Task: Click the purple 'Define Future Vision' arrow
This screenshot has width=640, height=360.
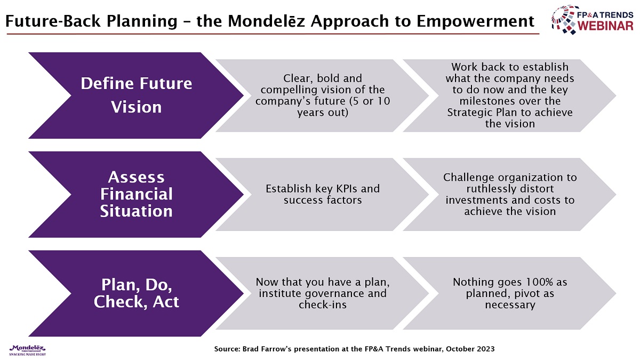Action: [x=136, y=95]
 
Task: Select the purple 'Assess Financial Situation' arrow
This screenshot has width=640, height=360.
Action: [x=136, y=195]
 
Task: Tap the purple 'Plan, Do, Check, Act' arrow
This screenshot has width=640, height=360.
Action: [x=136, y=293]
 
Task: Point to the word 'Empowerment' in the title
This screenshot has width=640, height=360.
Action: [x=475, y=22]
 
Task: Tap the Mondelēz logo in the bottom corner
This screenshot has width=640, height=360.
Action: [x=27, y=350]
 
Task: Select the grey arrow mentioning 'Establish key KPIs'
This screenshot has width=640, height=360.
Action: [x=322, y=195]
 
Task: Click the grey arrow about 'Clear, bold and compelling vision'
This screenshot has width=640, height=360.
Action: [x=322, y=95]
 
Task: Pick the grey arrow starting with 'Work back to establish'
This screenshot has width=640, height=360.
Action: [x=509, y=95]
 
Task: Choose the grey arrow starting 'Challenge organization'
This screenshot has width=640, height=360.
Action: [x=509, y=195]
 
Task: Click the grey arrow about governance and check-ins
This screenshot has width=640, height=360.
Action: [x=322, y=293]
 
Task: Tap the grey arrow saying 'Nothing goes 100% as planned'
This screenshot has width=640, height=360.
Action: [x=509, y=293]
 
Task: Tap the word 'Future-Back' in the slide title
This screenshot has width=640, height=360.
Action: [x=53, y=21]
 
